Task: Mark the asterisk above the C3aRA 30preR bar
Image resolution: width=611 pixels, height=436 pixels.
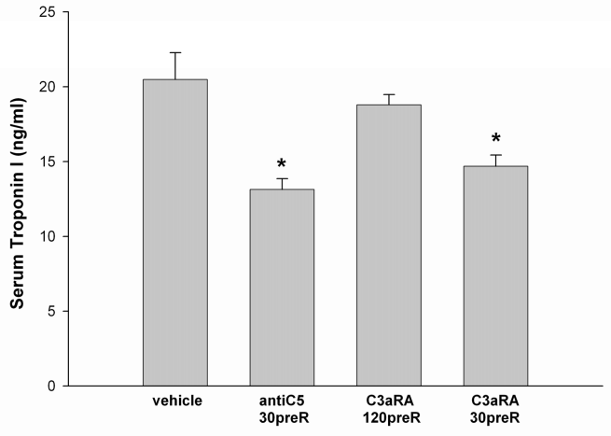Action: tap(496, 142)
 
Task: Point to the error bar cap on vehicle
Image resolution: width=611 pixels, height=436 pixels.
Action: tap(175, 53)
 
